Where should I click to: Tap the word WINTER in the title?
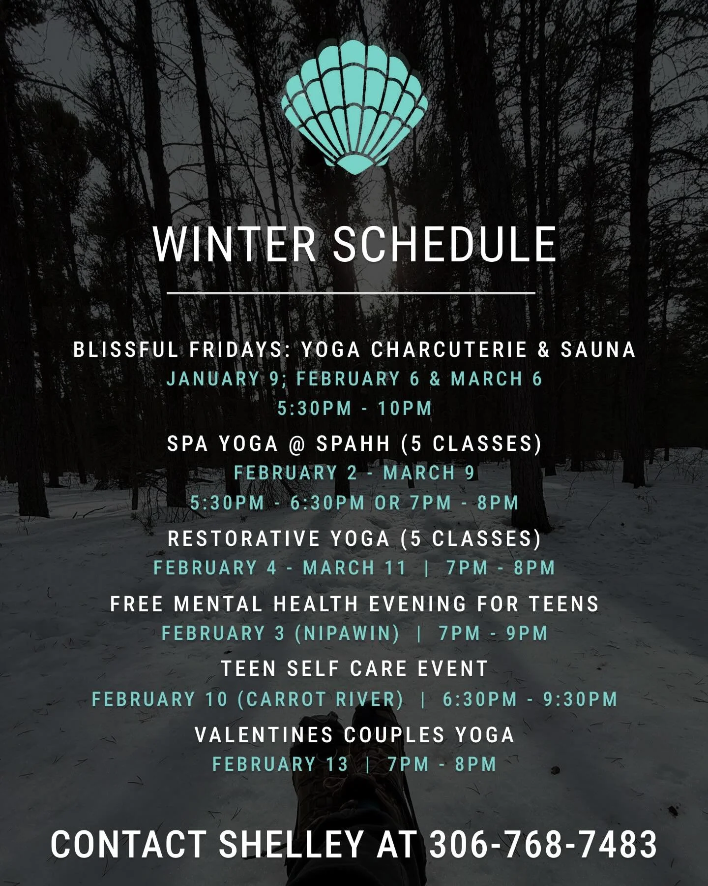pos(235,245)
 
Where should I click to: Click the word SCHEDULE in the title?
pos(445,245)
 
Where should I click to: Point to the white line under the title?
pos(351,293)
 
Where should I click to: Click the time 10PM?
pos(405,409)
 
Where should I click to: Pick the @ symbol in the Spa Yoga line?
pos(297,444)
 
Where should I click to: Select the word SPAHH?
pos(353,444)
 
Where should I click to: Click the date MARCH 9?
pos(429,474)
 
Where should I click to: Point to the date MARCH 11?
pos(354,568)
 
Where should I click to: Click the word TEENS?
pos(564,604)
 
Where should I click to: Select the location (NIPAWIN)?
pos(347,633)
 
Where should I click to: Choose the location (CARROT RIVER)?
pos(321,699)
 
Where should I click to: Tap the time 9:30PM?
pos(580,699)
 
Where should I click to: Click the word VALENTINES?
pos(264,735)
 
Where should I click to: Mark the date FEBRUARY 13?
pos(280,764)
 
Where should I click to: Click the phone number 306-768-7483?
pos(543,844)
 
